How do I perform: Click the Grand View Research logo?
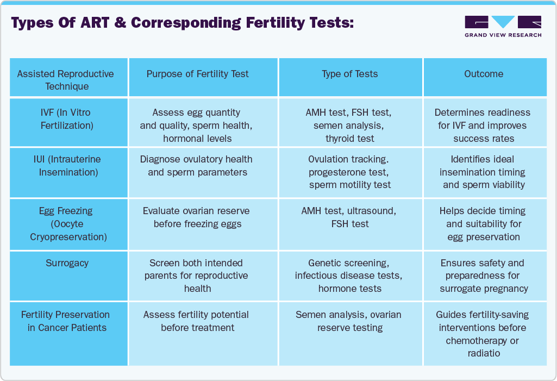pyautogui.click(x=503, y=26)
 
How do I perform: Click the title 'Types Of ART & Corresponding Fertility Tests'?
pyautogui.click(x=182, y=23)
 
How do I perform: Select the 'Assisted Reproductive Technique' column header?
pyautogui.click(x=67, y=80)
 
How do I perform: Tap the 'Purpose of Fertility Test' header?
pyautogui.click(x=197, y=74)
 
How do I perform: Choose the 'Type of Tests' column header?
pyautogui.click(x=349, y=74)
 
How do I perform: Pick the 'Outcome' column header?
pyautogui.click(x=483, y=74)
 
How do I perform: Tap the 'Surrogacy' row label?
pyautogui.click(x=67, y=263)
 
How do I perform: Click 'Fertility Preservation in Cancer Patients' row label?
pyautogui.click(x=67, y=321)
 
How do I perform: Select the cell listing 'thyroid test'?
pyautogui.click(x=349, y=126)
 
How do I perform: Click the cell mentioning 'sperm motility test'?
pyautogui.click(x=349, y=172)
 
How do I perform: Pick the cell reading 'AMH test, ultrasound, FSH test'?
pyautogui.click(x=349, y=217)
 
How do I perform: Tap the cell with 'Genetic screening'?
pyautogui.click(x=349, y=276)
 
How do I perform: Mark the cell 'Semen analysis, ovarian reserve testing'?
pyautogui.click(x=349, y=321)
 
